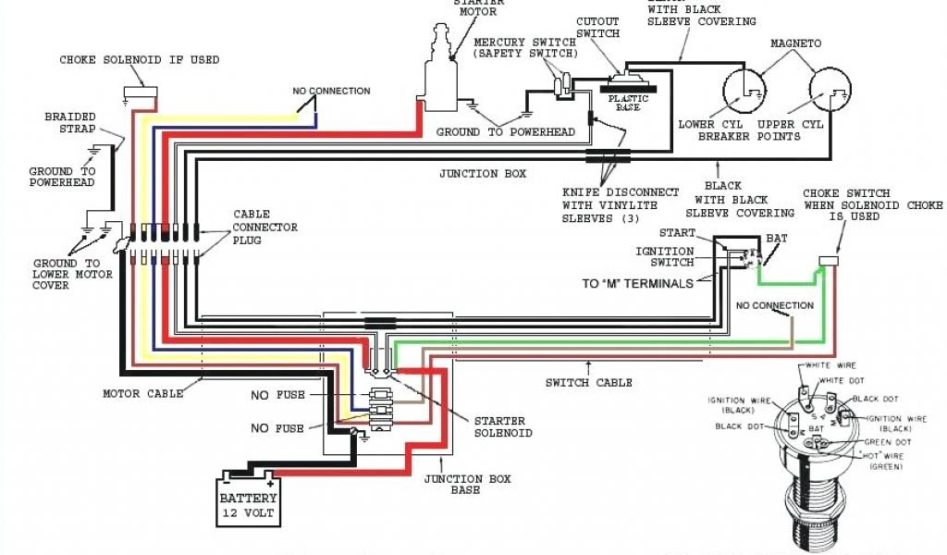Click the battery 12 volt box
[248, 500]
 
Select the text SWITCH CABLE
[589, 383]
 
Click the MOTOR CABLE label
[141, 394]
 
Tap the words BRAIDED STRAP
[70, 123]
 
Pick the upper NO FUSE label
[277, 396]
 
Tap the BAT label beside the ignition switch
[777, 239]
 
